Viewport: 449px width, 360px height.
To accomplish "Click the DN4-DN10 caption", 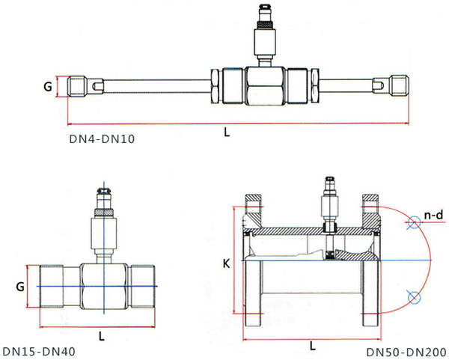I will (x=102, y=138).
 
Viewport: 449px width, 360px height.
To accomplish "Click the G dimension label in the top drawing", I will (x=47, y=87).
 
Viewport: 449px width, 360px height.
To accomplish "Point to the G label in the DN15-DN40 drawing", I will (x=20, y=286).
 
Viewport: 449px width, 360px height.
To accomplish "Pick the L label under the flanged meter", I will (x=311, y=345).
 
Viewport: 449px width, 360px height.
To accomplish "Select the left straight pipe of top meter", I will (x=150, y=87).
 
